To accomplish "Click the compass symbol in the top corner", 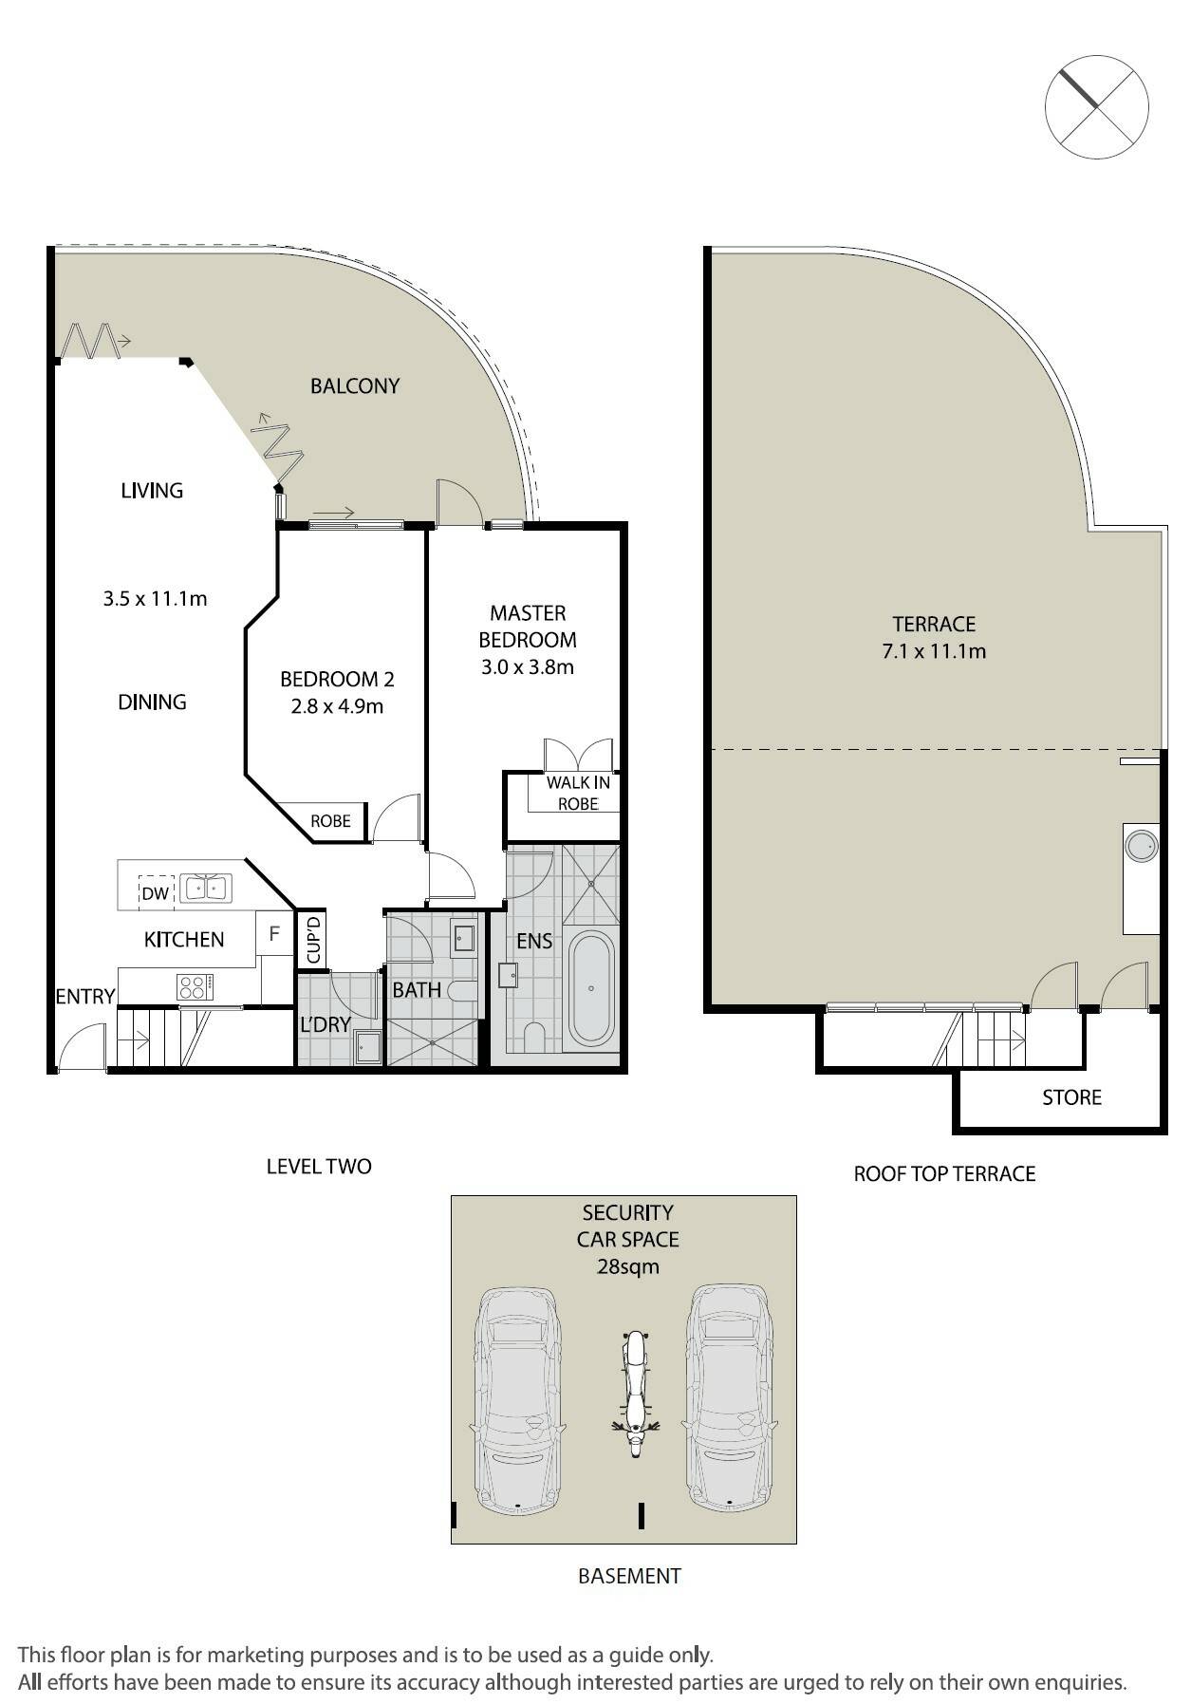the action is pyautogui.click(x=1096, y=105).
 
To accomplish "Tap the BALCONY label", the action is pyautogui.click(x=355, y=385).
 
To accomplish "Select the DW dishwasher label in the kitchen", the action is pyautogui.click(x=155, y=892).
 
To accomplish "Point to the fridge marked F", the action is pyautogui.click(x=274, y=933).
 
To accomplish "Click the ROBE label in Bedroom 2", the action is pyautogui.click(x=330, y=821).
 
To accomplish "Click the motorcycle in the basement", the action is pyautogui.click(x=634, y=1394).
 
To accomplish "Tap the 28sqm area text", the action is pyautogui.click(x=627, y=1266).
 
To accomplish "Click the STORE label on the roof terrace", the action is pyautogui.click(x=1071, y=1097).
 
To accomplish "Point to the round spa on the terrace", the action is pyautogui.click(x=1140, y=845).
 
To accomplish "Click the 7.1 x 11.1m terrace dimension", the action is pyautogui.click(x=934, y=651).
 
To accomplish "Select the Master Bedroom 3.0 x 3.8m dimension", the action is pyautogui.click(x=528, y=666).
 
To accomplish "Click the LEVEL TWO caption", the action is pyautogui.click(x=319, y=1166).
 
